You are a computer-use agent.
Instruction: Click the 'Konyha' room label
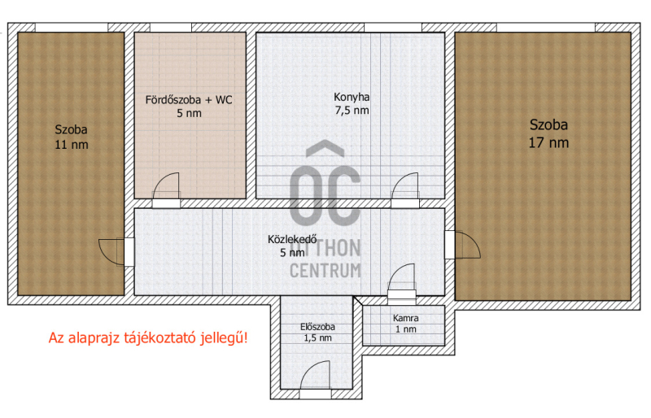coord(352,97)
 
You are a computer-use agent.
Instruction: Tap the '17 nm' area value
coord(548,143)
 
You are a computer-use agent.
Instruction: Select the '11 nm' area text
coord(72,145)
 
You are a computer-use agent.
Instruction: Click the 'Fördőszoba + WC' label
coord(189,100)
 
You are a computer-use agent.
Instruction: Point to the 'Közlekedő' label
coord(292,240)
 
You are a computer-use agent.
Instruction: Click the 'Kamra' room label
coord(405,318)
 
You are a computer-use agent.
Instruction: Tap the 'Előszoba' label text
coord(317,327)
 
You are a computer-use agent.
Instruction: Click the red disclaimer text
coord(148,337)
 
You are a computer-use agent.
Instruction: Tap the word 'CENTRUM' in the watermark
coord(325,270)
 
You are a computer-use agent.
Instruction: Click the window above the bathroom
coord(171,28)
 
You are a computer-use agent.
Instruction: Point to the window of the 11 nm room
coord(72,28)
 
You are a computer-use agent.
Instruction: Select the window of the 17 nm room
coord(546,28)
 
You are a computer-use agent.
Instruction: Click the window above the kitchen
coord(393,28)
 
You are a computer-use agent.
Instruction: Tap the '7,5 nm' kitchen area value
coord(352,111)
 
